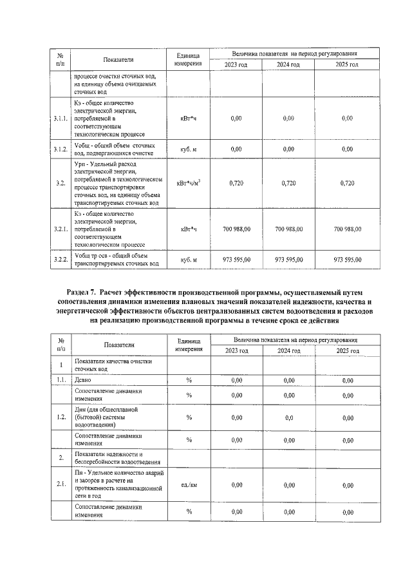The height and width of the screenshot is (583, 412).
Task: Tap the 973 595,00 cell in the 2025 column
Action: pos(348,259)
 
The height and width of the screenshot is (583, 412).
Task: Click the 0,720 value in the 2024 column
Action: pos(288,184)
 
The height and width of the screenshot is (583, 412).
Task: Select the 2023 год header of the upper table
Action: pos(235,65)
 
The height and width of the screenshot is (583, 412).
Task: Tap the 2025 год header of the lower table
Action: pos(348,350)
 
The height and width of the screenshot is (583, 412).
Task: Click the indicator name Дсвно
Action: pos(84,380)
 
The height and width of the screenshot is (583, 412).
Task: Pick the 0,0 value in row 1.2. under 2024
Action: pos(288,417)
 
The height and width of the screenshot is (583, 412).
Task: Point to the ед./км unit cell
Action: pos(189,484)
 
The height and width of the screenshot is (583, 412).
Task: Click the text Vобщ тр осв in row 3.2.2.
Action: pos(96,255)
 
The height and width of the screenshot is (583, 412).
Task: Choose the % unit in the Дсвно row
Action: pos(189,380)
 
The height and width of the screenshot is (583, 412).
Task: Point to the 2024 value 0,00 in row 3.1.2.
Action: pos(288,149)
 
